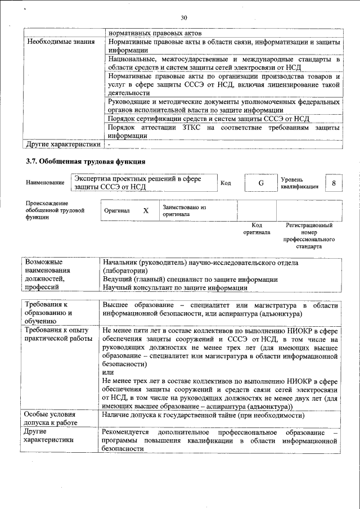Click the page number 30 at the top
click(x=183, y=18)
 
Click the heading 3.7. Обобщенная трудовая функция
click(x=86, y=161)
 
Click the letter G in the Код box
click(x=260, y=183)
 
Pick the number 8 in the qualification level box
click(x=334, y=183)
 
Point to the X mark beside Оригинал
click(x=146, y=210)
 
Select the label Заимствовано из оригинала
click(x=184, y=210)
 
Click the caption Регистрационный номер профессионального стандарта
click(x=309, y=236)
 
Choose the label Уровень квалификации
click(x=300, y=183)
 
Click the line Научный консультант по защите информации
click(x=175, y=287)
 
